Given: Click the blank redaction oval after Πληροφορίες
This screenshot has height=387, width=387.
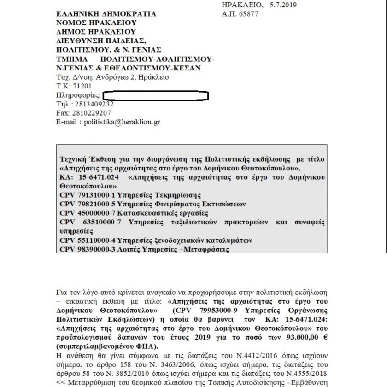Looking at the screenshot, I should tap(156, 95).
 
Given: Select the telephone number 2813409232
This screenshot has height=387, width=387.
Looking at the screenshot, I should tap(93, 104).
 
